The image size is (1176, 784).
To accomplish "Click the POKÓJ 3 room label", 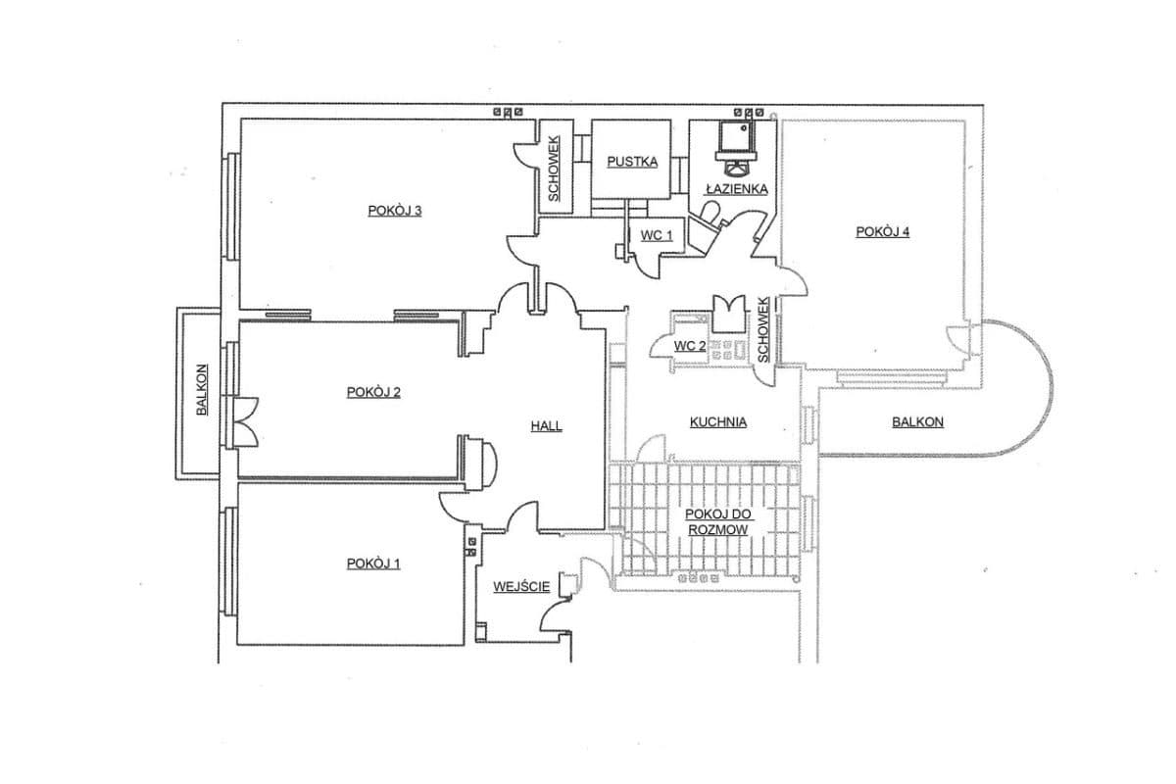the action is pyautogui.click(x=394, y=211).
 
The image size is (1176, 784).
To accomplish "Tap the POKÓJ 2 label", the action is pyautogui.click(x=373, y=392).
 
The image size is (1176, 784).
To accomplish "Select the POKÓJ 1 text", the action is pyautogui.click(x=373, y=563).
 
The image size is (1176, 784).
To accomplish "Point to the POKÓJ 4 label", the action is pyautogui.click(x=883, y=231).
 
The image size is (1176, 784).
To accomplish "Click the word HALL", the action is pyautogui.click(x=546, y=426).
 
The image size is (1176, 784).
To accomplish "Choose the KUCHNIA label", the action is pyautogui.click(x=717, y=421).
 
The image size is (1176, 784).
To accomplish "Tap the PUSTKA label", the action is pyautogui.click(x=632, y=162).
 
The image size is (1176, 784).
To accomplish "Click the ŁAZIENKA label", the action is pyautogui.click(x=737, y=188).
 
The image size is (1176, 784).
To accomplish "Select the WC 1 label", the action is pyautogui.click(x=657, y=235).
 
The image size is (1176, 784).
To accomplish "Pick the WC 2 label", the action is pyautogui.click(x=690, y=346).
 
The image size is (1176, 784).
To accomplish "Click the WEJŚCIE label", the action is pyautogui.click(x=521, y=587).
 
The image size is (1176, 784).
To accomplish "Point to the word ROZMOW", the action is pyautogui.click(x=717, y=530).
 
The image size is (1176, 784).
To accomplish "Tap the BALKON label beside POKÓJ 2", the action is pyautogui.click(x=202, y=390).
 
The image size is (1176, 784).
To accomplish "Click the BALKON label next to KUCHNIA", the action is pyautogui.click(x=917, y=421).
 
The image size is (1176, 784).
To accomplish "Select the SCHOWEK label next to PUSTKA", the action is pyautogui.click(x=554, y=169).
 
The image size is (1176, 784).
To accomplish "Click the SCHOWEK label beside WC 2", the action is pyautogui.click(x=762, y=330).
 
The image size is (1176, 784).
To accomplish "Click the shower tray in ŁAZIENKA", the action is pyautogui.click(x=735, y=136).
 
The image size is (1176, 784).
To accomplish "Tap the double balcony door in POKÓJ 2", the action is pyautogui.click(x=245, y=422).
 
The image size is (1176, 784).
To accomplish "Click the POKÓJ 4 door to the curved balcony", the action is pyautogui.click(x=958, y=340).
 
